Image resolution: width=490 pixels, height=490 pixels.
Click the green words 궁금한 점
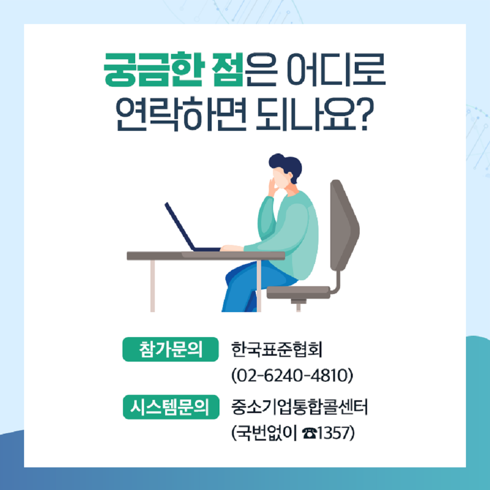(x=173, y=70)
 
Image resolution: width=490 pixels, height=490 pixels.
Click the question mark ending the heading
(x=365, y=115)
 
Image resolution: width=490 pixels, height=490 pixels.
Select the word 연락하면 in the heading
(x=181, y=115)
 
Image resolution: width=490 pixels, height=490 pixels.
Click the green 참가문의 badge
(x=171, y=349)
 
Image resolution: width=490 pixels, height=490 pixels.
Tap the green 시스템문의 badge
(x=171, y=407)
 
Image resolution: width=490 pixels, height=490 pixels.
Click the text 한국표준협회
(x=276, y=349)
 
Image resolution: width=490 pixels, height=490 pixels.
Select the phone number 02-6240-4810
(x=292, y=375)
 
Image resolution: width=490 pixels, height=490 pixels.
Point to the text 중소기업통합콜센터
(x=299, y=407)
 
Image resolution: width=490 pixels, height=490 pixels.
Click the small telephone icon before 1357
(x=309, y=434)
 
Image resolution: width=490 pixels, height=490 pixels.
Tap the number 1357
(x=333, y=433)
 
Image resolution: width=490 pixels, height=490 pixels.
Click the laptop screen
(x=180, y=226)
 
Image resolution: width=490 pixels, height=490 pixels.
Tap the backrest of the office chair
(x=344, y=225)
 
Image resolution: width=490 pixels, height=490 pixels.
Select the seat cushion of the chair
(x=298, y=293)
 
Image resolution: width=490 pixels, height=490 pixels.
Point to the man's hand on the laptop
(x=232, y=248)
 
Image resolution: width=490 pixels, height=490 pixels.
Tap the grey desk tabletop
(x=206, y=256)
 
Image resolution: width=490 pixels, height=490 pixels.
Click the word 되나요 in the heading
(x=306, y=115)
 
